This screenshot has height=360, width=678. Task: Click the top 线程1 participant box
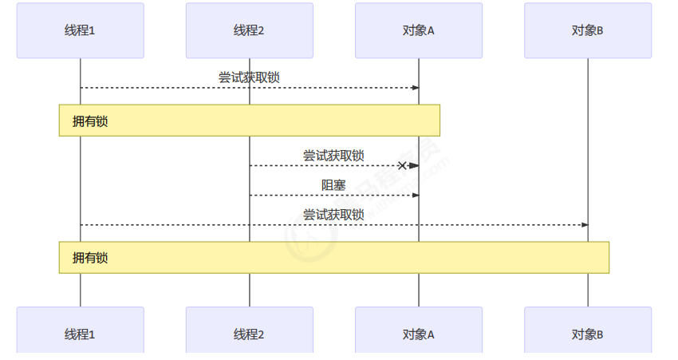(80, 30)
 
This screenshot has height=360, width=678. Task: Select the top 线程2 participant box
(249, 30)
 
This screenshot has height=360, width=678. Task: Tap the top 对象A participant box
(419, 30)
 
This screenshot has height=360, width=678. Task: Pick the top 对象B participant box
(588, 30)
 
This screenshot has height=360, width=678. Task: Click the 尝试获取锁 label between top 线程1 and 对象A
(249, 77)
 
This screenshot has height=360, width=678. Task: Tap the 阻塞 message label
(333, 185)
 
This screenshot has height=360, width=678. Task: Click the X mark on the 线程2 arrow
(402, 165)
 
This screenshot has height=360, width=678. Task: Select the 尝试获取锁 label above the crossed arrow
(333, 155)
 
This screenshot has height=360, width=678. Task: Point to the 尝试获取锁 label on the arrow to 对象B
(333, 214)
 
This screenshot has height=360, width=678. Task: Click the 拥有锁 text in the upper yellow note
(90, 121)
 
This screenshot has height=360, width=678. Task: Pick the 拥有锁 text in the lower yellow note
(90, 258)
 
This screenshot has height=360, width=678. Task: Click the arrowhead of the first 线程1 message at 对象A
(415, 88)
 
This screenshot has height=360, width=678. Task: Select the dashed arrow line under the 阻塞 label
(333, 196)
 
